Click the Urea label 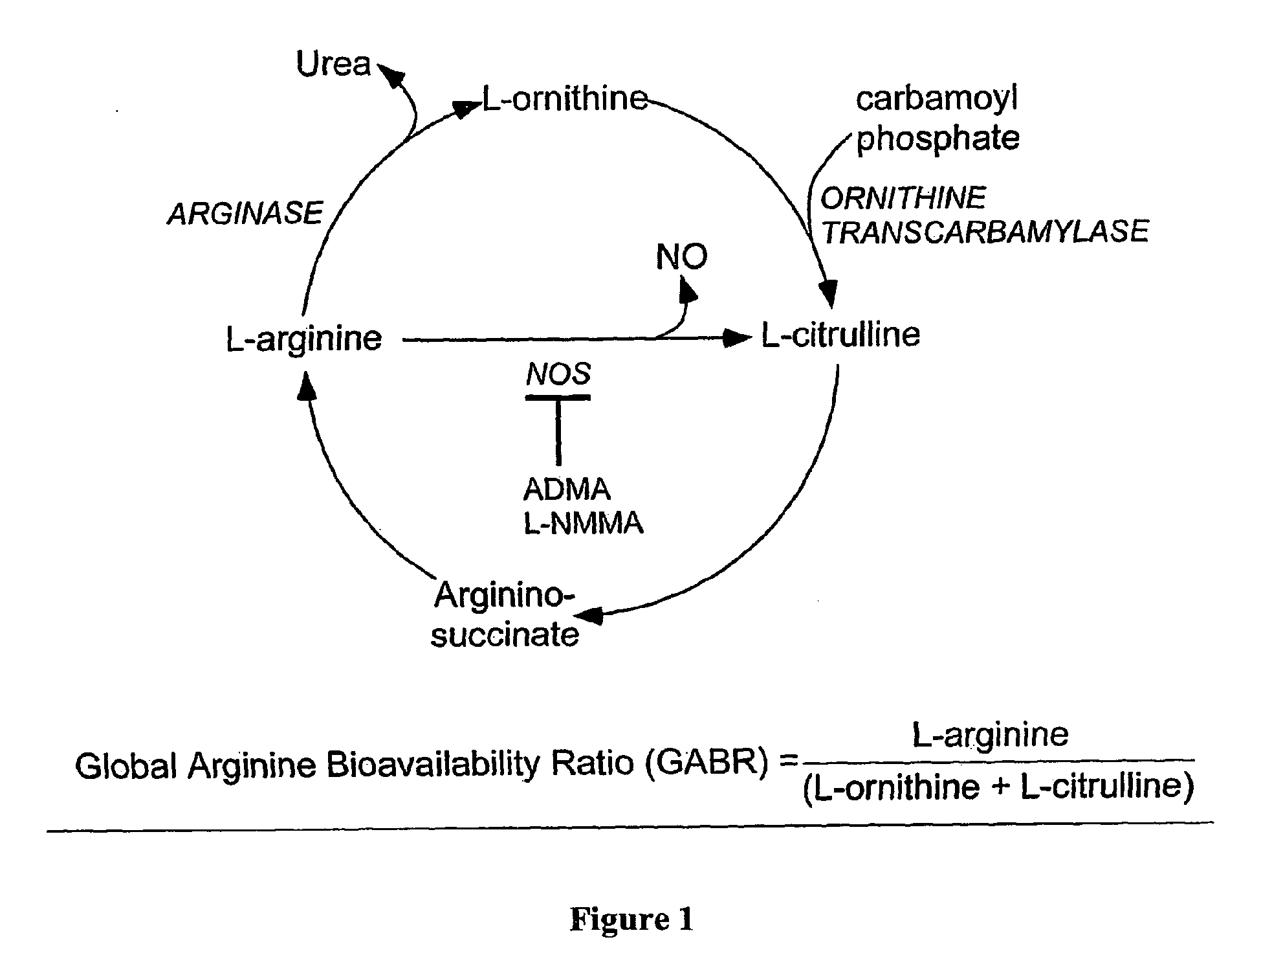tap(334, 64)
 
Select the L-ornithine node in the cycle tap(565, 99)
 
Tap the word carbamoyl tap(937, 99)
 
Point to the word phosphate tap(938, 138)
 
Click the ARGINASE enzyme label tap(245, 213)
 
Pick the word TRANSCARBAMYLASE tap(985, 232)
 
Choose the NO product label tap(681, 257)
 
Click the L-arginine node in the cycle tap(303, 339)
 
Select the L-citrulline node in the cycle tap(840, 335)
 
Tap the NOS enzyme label tap(558, 374)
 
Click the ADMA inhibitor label tap(567, 489)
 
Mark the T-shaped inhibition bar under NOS tap(558, 427)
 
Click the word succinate tap(505, 634)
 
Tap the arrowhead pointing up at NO tap(688, 289)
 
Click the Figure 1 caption tap(631, 919)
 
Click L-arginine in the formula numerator tap(990, 734)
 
